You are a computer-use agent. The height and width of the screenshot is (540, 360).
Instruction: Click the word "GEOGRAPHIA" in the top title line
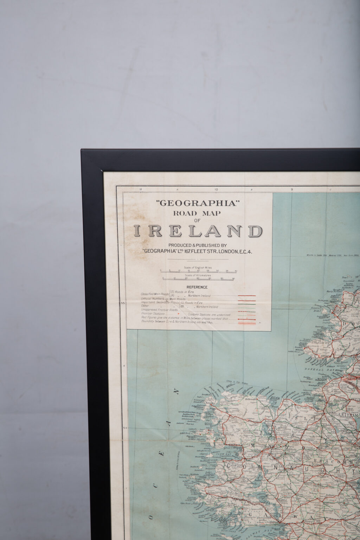[x=197, y=203]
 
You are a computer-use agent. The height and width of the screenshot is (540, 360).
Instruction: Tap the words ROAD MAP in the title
[x=197, y=213]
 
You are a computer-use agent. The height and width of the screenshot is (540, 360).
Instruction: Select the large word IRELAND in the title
[x=198, y=231]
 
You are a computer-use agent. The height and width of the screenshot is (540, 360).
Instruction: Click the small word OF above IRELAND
[x=197, y=220]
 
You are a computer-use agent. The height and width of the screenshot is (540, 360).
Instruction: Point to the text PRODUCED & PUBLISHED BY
[x=197, y=245]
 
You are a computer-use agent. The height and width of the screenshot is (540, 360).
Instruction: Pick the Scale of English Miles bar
[x=199, y=271]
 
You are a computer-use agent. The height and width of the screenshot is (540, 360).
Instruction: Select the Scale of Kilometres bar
[x=199, y=279]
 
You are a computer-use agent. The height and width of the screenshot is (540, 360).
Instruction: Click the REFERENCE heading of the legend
[x=197, y=287]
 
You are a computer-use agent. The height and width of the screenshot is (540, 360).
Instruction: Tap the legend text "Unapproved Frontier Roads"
[x=159, y=310]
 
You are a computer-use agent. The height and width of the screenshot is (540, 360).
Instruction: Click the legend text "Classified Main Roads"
[x=155, y=294]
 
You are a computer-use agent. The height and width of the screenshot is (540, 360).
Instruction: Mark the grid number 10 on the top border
[x=216, y=189]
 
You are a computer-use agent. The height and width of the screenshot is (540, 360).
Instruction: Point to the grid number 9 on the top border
[x=292, y=189]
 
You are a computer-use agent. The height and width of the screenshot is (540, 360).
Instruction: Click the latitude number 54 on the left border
[x=123, y=428]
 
